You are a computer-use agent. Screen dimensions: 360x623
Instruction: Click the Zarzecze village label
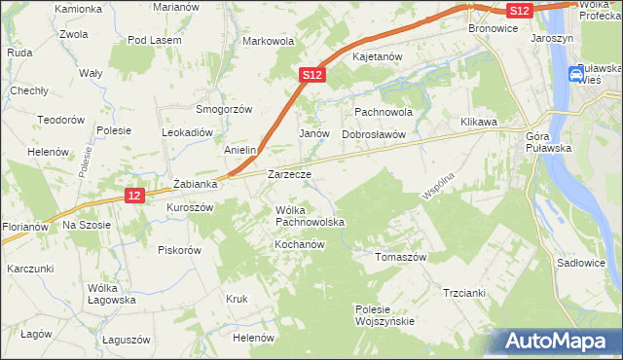point(289,175)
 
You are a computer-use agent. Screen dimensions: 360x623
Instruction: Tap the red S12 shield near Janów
point(311,74)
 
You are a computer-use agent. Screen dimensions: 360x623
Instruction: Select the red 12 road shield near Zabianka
point(135,196)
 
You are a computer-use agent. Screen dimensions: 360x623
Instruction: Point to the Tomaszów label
point(401,257)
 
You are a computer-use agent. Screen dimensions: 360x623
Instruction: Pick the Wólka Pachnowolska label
point(310,216)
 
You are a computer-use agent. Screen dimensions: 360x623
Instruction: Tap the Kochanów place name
point(298,244)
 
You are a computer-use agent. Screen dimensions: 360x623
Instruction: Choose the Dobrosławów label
point(373,134)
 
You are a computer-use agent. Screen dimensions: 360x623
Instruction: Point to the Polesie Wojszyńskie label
point(385,315)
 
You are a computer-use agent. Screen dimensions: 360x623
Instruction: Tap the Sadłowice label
point(580,264)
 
